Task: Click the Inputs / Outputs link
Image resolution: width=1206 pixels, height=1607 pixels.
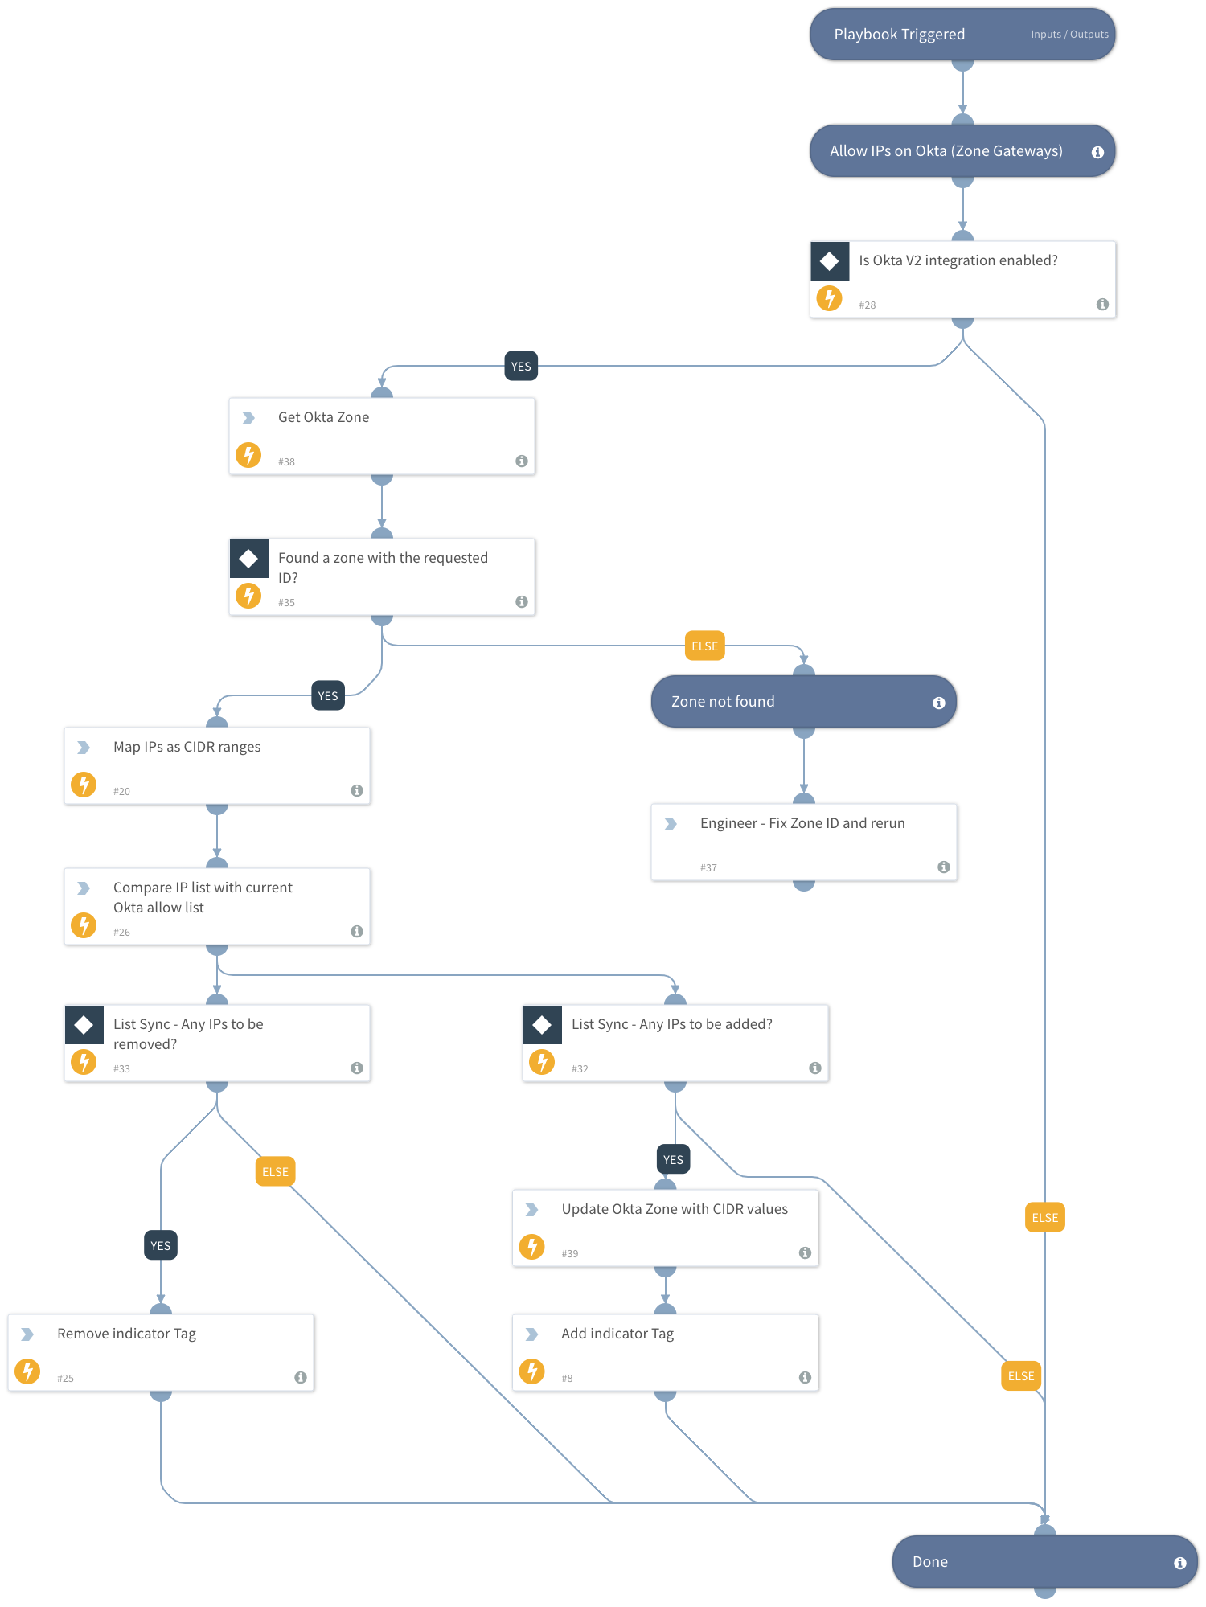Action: pos(1069,35)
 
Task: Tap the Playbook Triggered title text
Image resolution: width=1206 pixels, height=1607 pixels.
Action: pos(899,35)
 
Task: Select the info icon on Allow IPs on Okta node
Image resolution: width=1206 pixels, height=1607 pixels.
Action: pos(1097,152)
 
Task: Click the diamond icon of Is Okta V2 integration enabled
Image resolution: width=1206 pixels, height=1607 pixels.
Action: pos(830,261)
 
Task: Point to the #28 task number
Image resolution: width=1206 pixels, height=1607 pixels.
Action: pos(867,305)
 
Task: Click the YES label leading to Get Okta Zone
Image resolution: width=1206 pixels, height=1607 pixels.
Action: pos(521,367)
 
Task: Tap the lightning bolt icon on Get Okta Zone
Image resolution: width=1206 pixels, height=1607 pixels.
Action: pos(248,455)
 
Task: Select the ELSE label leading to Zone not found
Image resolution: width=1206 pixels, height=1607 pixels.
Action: pos(704,646)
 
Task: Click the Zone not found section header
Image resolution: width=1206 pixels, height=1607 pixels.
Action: pos(723,702)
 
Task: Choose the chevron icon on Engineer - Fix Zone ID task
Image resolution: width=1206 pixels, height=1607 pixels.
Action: pos(671,824)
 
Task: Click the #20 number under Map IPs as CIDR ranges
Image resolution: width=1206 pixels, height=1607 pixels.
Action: pos(121,792)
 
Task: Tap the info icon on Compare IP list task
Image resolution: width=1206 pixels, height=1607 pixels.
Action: pos(357,932)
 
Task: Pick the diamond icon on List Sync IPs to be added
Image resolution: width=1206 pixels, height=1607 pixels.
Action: pos(542,1025)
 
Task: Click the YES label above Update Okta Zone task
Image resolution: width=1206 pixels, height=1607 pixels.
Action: pos(673,1160)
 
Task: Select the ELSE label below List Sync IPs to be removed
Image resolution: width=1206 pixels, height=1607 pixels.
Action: pos(275,1172)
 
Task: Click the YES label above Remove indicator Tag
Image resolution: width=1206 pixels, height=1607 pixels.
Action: pos(160,1246)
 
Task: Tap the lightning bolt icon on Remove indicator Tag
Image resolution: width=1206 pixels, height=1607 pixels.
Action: pos(27,1371)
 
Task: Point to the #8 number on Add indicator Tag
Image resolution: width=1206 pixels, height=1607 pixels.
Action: pos(567,1379)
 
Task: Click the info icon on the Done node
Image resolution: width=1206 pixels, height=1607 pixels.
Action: pos(1179,1563)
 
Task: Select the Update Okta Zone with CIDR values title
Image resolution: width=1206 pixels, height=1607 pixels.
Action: pos(674,1210)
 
